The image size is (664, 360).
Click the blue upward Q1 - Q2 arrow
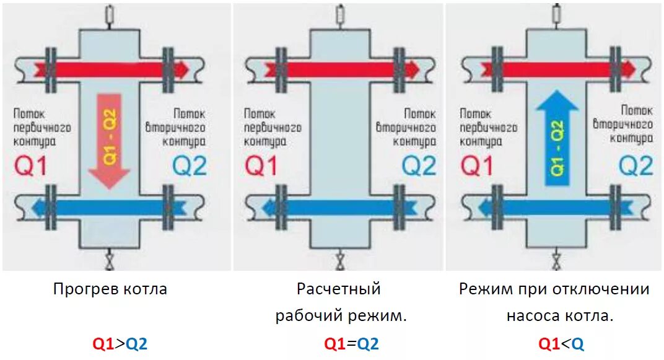click(x=557, y=139)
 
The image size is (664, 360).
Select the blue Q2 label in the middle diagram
click(x=420, y=167)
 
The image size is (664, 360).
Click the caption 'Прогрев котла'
click(x=110, y=289)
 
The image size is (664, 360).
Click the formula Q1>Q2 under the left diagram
click(x=120, y=344)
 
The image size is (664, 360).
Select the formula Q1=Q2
click(x=351, y=344)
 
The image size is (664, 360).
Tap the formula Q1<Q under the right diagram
click(x=561, y=344)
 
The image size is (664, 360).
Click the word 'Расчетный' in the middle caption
click(x=338, y=289)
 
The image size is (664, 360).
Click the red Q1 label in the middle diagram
click(x=261, y=167)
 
